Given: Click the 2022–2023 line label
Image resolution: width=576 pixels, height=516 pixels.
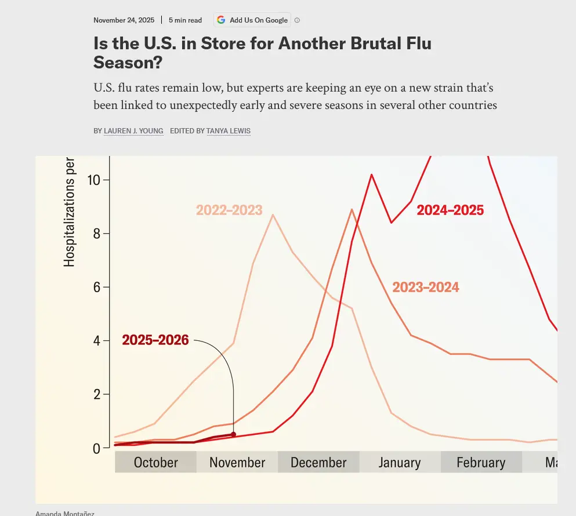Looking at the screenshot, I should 229,210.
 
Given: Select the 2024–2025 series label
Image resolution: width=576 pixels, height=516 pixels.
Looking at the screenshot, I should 450,210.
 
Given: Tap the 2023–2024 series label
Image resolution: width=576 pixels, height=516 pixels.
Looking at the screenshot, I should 426,287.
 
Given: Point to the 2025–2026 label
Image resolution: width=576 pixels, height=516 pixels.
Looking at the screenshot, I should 155,340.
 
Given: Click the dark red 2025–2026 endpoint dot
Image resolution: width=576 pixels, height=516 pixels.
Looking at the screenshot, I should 233,434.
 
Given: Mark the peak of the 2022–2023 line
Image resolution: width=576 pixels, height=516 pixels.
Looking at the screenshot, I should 273,215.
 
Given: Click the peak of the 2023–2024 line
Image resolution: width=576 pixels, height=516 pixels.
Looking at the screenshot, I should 352,209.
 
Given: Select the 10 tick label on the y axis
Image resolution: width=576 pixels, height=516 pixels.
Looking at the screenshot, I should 94,180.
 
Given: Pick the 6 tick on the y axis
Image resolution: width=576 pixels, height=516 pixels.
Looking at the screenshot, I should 97,287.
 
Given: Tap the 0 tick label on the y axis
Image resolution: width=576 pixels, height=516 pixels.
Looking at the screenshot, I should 97,448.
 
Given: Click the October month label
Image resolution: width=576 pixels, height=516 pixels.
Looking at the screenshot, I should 155,463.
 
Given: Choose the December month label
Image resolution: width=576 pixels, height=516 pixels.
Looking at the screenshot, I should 318,463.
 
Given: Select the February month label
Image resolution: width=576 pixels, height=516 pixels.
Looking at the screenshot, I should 481,463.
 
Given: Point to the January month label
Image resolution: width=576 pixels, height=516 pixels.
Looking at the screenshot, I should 400,463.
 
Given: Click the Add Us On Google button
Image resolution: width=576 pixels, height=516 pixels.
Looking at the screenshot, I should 252,20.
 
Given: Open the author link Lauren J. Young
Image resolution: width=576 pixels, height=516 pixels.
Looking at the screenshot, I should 133,131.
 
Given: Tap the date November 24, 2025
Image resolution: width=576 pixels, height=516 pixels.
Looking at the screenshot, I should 124,20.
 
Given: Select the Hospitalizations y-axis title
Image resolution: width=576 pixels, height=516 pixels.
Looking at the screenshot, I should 70,212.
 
